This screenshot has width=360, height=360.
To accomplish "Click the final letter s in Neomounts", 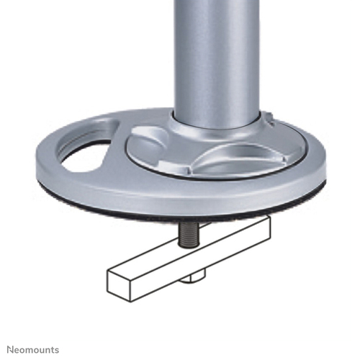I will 57,348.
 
